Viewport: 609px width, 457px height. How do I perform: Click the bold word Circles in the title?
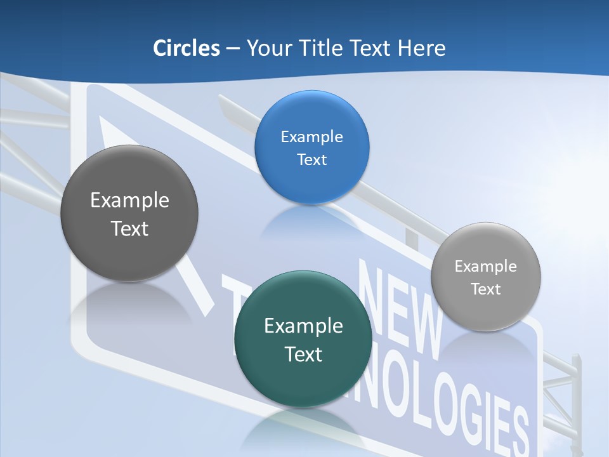[187, 48]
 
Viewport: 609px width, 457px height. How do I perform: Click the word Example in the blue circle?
[311, 136]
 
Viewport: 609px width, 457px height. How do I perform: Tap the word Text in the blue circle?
[311, 159]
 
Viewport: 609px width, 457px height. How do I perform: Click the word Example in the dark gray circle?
[129, 200]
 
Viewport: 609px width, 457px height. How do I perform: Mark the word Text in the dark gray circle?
[129, 228]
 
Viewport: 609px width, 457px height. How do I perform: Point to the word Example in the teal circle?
[303, 326]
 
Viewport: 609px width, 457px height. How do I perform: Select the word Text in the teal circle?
[303, 354]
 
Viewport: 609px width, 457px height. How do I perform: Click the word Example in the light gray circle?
[486, 266]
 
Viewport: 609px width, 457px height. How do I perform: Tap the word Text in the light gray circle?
[486, 289]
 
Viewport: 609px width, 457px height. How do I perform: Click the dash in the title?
[233, 48]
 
